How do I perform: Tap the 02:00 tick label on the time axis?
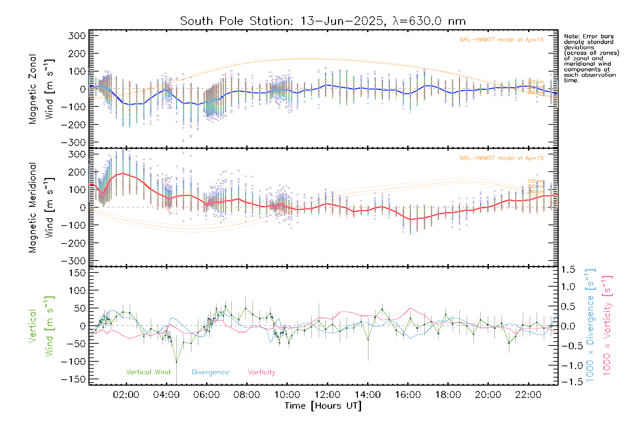pyautogui.click(x=126, y=395)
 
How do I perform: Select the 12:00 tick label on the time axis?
pyautogui.click(x=327, y=395)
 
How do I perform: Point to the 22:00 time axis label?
pyautogui.click(x=528, y=395)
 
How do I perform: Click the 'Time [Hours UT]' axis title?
pyautogui.click(x=323, y=406)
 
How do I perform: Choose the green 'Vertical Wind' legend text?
pyautogui.click(x=148, y=372)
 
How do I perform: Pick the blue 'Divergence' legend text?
pyautogui.click(x=210, y=372)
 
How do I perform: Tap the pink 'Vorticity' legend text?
pyautogui.click(x=261, y=372)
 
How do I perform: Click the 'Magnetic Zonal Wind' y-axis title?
pyautogui.click(x=41, y=89)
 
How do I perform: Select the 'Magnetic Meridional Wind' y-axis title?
pyautogui.click(x=41, y=208)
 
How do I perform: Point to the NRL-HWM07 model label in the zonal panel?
pyautogui.click(x=502, y=40)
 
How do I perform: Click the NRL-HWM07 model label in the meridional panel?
pyautogui.click(x=502, y=158)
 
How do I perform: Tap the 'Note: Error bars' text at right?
pyautogui.click(x=589, y=36)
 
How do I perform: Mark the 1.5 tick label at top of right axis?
pyautogui.click(x=568, y=270)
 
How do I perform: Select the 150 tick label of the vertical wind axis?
pyautogui.click(x=77, y=273)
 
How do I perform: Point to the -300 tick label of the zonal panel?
pyautogui.click(x=73, y=142)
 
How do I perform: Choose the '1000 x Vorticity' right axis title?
pyautogui.click(x=607, y=326)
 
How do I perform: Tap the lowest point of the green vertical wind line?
pyautogui.click(x=176, y=362)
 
